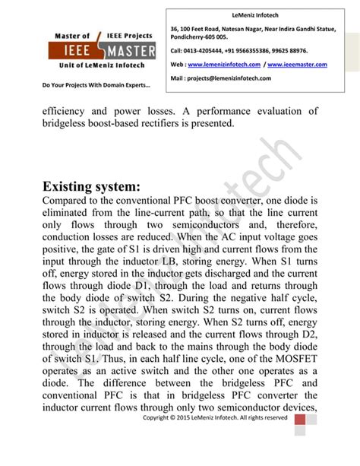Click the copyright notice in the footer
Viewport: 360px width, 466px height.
tap(215, 417)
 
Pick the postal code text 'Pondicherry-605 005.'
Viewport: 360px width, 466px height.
tap(199, 36)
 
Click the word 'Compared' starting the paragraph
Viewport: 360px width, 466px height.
tap(73, 200)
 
